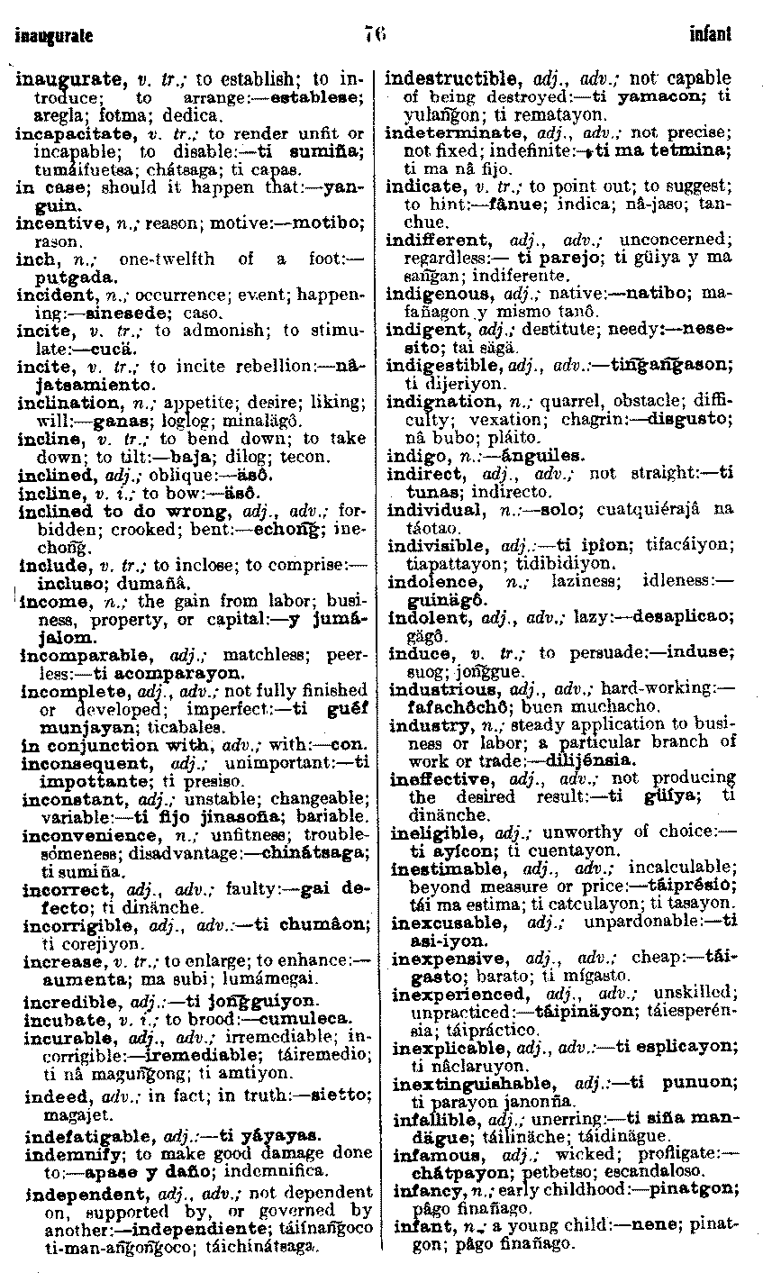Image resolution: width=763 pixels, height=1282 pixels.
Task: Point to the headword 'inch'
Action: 33,259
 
